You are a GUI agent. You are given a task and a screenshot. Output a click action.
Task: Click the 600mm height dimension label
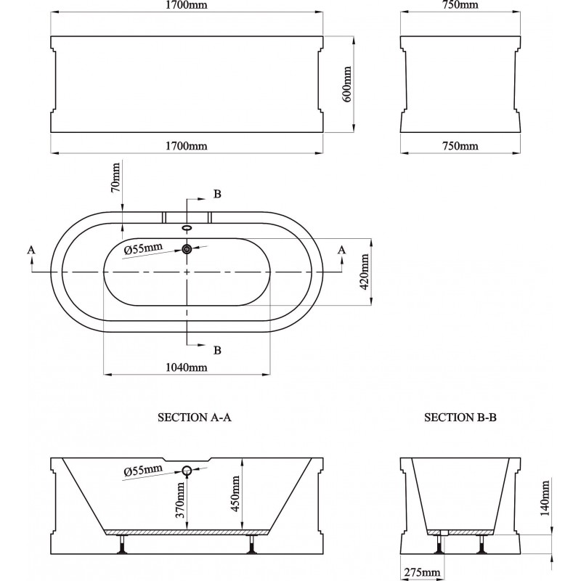pyautogui.click(x=347, y=84)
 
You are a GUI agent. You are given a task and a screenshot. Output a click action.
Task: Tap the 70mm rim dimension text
pyautogui.click(x=116, y=177)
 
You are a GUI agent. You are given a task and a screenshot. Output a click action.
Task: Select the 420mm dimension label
pyautogui.click(x=365, y=272)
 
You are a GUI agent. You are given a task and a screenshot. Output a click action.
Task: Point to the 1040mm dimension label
pyautogui.click(x=187, y=367)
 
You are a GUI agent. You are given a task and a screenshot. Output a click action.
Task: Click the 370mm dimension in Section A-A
pyautogui.click(x=180, y=500)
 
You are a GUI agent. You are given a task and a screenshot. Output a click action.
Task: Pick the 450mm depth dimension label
pyautogui.click(x=235, y=494)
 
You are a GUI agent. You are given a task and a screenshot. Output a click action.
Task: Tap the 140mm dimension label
pyautogui.click(x=545, y=498)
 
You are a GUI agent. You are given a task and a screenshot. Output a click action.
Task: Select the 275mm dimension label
pyautogui.click(x=422, y=572)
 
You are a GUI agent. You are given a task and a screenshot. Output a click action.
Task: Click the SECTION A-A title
pyautogui.click(x=195, y=418)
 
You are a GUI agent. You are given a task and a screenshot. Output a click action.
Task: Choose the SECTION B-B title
pyautogui.click(x=460, y=418)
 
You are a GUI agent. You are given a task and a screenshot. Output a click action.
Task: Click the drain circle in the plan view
pyautogui.click(x=187, y=249)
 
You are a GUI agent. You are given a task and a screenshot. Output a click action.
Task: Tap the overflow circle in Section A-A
pyautogui.click(x=187, y=471)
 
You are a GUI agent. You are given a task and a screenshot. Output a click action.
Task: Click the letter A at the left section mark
pyautogui.click(x=31, y=250)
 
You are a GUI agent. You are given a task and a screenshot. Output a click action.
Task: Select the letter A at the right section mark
pyautogui.click(x=341, y=250)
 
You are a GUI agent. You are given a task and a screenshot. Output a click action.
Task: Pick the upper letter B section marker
pyautogui.click(x=217, y=194)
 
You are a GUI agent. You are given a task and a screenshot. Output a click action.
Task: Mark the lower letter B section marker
pyautogui.click(x=217, y=350)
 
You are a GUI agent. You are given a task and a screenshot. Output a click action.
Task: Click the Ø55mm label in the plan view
pyautogui.click(x=143, y=248)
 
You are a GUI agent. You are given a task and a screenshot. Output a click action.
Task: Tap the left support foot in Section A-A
pyautogui.click(x=121, y=545)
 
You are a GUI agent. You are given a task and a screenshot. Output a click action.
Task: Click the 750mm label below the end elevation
pyautogui.click(x=460, y=146)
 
